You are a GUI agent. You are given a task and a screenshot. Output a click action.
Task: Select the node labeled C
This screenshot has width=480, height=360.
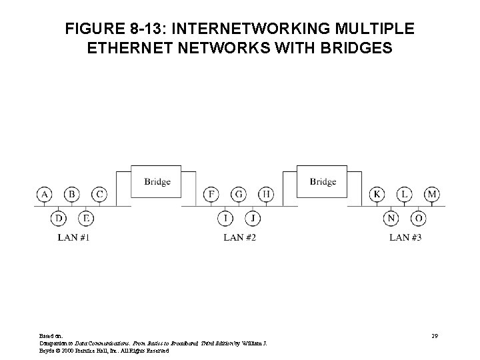pyautogui.click(x=99, y=194)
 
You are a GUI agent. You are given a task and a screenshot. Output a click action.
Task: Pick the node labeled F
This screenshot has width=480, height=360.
pyautogui.click(x=211, y=194)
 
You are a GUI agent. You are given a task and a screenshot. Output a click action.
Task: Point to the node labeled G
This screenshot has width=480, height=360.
pyautogui.click(x=239, y=194)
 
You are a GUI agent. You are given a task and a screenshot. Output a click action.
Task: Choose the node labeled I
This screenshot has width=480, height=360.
pyautogui.click(x=225, y=218)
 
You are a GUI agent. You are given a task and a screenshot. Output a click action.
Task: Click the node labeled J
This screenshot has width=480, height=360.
pyautogui.click(x=253, y=218)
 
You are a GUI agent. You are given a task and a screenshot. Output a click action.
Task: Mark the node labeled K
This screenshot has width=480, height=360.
pyautogui.click(x=378, y=194)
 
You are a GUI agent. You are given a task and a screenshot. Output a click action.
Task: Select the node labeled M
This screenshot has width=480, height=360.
pyautogui.click(x=433, y=194)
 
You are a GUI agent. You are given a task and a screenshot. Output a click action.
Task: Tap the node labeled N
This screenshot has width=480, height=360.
pyautogui.click(x=391, y=218)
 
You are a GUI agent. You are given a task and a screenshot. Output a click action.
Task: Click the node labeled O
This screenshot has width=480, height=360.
pyautogui.click(x=419, y=218)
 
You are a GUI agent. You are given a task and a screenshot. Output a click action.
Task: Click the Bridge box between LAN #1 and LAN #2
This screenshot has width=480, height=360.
pyautogui.click(x=157, y=181)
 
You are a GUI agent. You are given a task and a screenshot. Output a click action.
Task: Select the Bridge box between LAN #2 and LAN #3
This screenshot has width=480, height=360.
pyautogui.click(x=323, y=181)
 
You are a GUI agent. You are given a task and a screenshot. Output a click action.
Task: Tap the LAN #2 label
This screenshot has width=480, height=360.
pyautogui.click(x=239, y=237)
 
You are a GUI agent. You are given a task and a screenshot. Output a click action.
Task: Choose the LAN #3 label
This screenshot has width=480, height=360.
pyautogui.click(x=405, y=237)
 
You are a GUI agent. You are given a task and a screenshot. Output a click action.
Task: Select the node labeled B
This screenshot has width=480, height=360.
pyautogui.click(x=71, y=194)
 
